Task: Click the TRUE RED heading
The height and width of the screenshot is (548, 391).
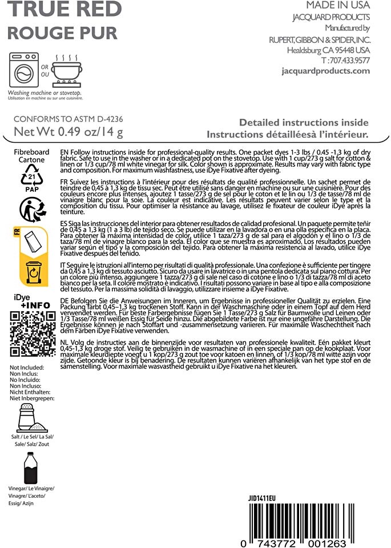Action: [x=64, y=9]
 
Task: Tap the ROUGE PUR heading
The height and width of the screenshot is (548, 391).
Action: [x=62, y=32]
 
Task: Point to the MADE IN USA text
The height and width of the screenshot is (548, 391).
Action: [x=338, y=5]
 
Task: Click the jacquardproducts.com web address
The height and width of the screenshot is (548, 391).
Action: [x=326, y=71]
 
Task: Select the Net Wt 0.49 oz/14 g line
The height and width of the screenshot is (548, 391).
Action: [x=68, y=133]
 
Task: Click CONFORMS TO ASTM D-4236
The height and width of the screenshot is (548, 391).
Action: [x=68, y=120]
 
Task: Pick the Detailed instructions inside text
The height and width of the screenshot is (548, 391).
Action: [x=304, y=123]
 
